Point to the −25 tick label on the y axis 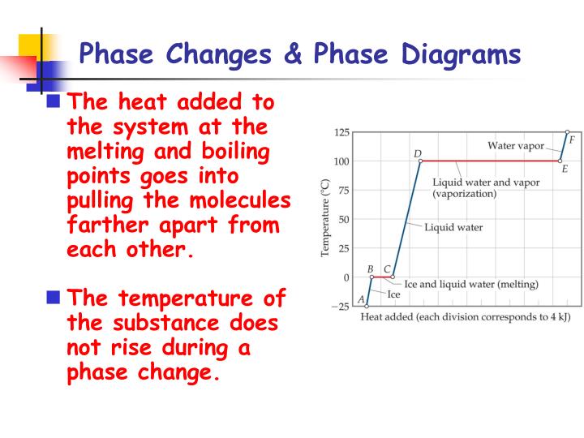[x=341, y=306]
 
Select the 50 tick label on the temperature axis [x=344, y=219]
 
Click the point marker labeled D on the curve [x=420, y=161]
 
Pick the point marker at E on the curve [x=560, y=161]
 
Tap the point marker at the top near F [x=567, y=131]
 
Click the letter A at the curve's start [x=361, y=300]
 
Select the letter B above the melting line [x=370, y=268]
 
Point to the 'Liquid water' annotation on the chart [x=453, y=227]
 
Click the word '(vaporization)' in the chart [x=464, y=195]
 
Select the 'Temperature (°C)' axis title [x=325, y=219]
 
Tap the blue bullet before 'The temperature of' [x=54, y=297]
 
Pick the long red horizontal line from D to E [x=490, y=161]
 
